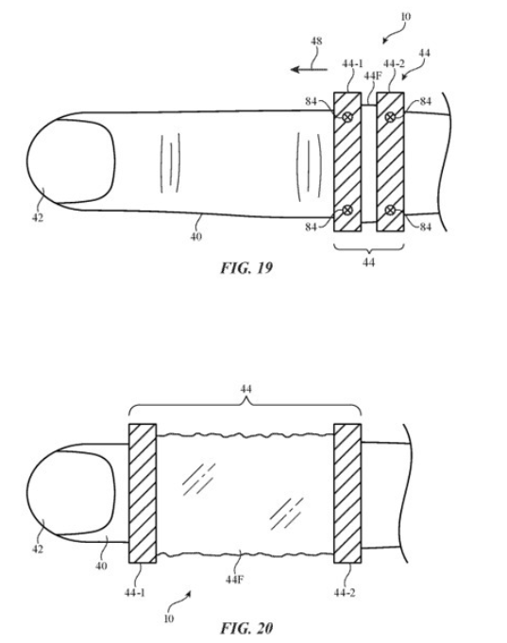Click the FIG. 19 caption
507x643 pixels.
tap(246, 268)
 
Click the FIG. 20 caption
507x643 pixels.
tap(246, 628)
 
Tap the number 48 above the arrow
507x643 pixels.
tap(316, 41)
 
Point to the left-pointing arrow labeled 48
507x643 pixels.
tap(309, 69)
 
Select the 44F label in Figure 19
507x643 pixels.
tap(372, 76)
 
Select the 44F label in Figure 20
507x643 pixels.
tap(235, 580)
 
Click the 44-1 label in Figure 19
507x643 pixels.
tap(353, 63)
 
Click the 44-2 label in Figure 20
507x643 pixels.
tap(345, 593)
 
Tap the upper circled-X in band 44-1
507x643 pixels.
tap(347, 117)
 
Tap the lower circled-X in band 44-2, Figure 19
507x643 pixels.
tap(390, 211)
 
